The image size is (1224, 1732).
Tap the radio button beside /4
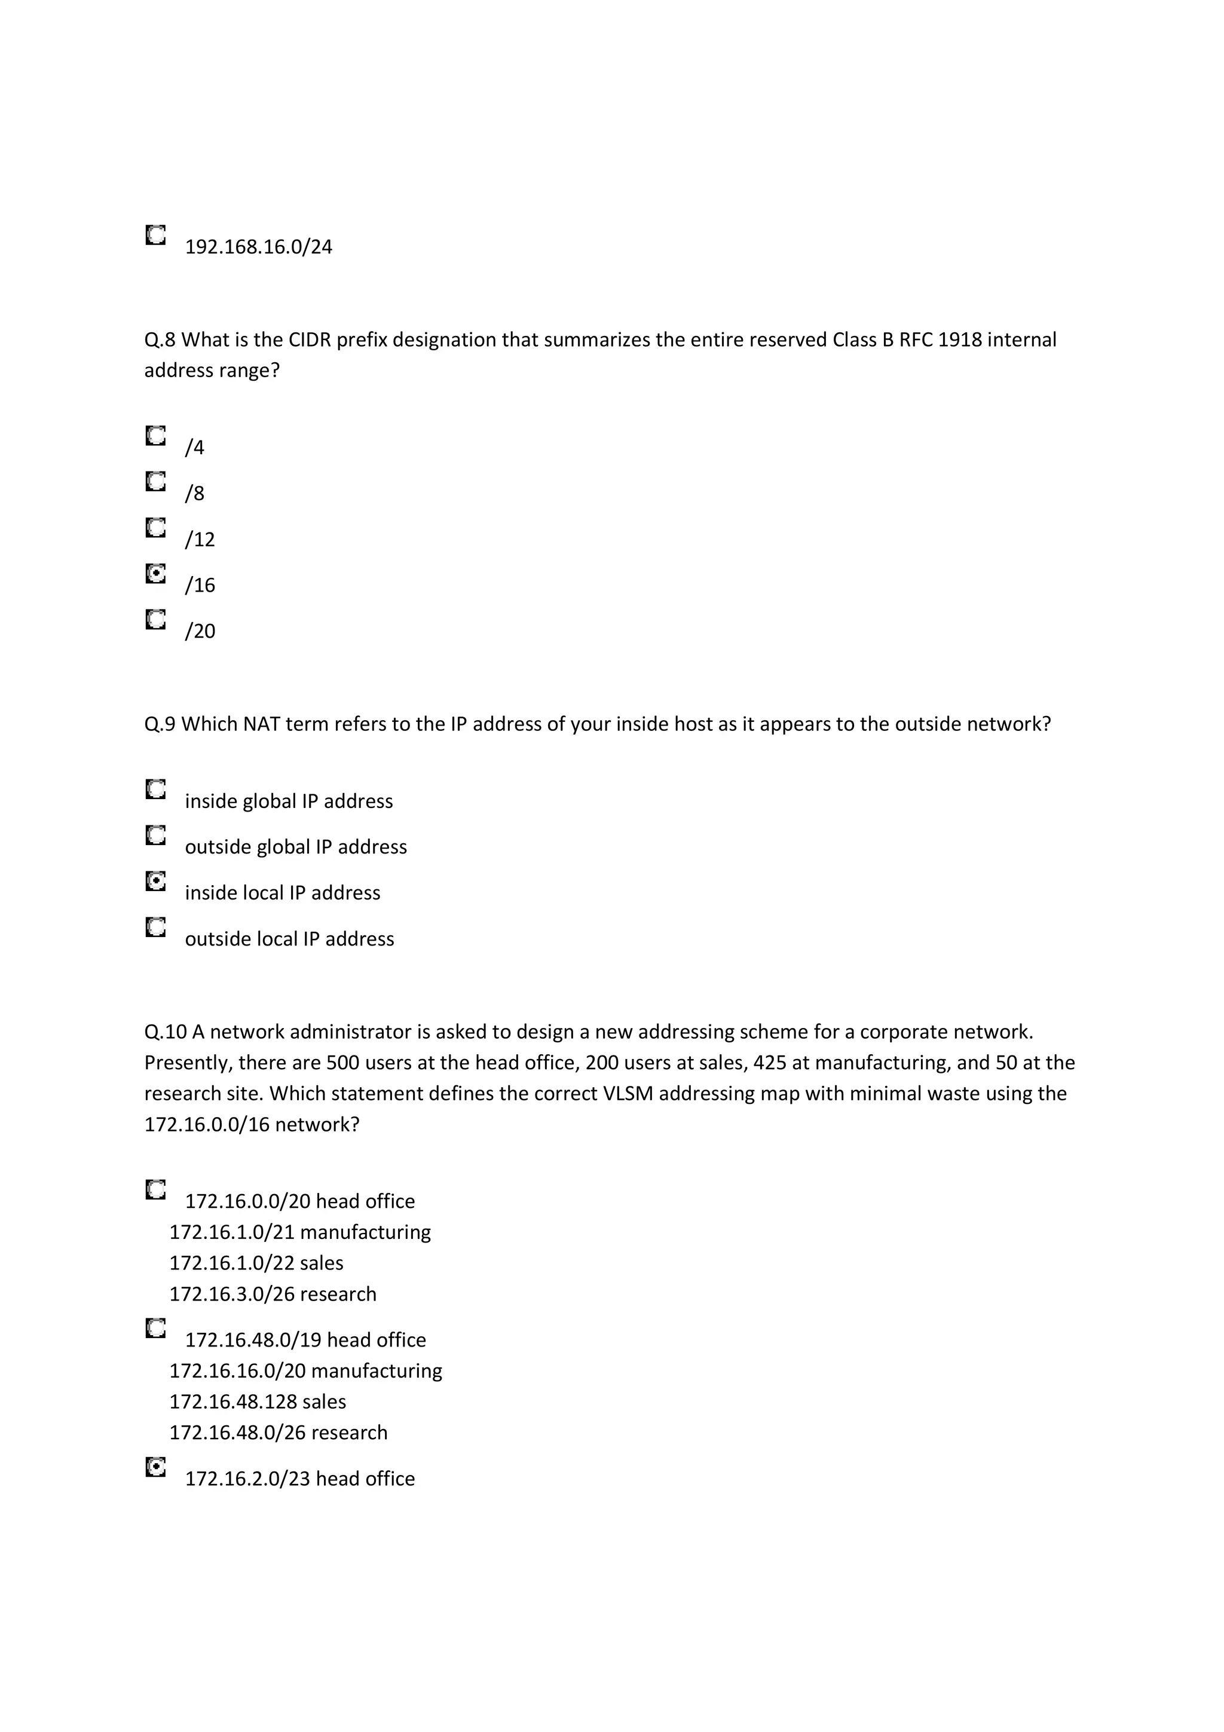tap(155, 436)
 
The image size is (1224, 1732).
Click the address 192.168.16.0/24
tap(258, 247)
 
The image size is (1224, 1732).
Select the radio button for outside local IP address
tap(155, 927)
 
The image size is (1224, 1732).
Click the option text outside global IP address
tap(296, 847)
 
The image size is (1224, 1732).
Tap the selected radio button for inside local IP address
tap(155, 881)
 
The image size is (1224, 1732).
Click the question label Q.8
tap(159, 340)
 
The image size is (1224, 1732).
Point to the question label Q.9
tap(159, 724)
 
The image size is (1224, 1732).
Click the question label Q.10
tap(165, 1032)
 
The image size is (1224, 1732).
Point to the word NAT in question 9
tap(261, 724)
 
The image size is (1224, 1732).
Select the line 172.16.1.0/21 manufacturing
tap(299, 1232)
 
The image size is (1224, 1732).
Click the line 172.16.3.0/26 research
tap(273, 1295)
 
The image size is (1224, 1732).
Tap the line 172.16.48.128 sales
tap(257, 1401)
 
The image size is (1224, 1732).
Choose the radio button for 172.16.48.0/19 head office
tap(155, 1329)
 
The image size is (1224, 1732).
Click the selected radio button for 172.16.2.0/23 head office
tap(155, 1467)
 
